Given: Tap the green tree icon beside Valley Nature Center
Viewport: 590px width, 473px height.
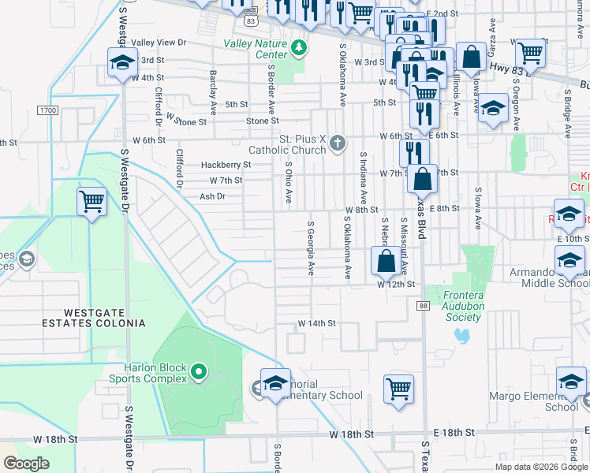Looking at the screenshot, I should pos(298,48).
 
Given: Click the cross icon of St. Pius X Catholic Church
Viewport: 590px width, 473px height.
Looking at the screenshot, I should pos(337,143).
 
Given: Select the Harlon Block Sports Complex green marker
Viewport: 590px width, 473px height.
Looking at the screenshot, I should pos(198,370).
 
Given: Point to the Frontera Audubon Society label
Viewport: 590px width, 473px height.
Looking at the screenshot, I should pos(456,311).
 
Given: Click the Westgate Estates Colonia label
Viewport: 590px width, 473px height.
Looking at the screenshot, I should pos(99,317).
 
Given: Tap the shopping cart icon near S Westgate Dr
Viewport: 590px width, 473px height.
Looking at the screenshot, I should pos(92,201).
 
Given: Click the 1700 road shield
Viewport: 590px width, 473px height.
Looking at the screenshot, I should pos(47,111).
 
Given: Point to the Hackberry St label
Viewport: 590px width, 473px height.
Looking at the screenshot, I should pos(226,165).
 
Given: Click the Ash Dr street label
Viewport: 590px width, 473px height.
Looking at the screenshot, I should pos(212,196).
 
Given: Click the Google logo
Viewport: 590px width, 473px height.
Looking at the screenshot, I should pos(26,464).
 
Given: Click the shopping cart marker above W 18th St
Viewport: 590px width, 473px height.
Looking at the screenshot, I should pos(399,388).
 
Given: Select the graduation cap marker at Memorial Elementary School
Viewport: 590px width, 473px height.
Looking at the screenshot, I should pos(275,383).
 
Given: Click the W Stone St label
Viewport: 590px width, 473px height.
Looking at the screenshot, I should pos(185,121).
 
